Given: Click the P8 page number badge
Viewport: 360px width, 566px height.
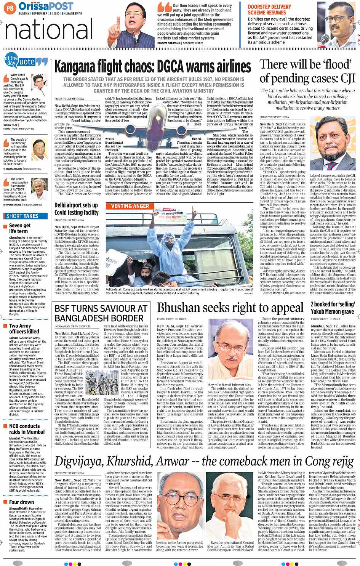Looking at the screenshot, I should tap(10, 8).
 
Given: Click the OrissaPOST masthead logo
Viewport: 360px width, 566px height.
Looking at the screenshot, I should tap(46, 6).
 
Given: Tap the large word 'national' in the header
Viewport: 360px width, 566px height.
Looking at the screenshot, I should tap(50, 29).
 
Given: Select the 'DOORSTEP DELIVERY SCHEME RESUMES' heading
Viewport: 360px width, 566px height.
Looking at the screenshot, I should tap(269, 10).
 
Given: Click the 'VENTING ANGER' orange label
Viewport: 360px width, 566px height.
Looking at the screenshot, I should tap(130, 206).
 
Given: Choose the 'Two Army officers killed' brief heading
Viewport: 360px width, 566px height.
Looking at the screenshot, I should tap(24, 329).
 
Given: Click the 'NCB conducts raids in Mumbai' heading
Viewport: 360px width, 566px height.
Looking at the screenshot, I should tap(27, 429).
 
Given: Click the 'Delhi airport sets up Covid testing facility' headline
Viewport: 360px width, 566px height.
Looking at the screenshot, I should tap(76, 208).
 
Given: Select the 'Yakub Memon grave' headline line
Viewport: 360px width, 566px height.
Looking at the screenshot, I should tap(332, 311).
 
